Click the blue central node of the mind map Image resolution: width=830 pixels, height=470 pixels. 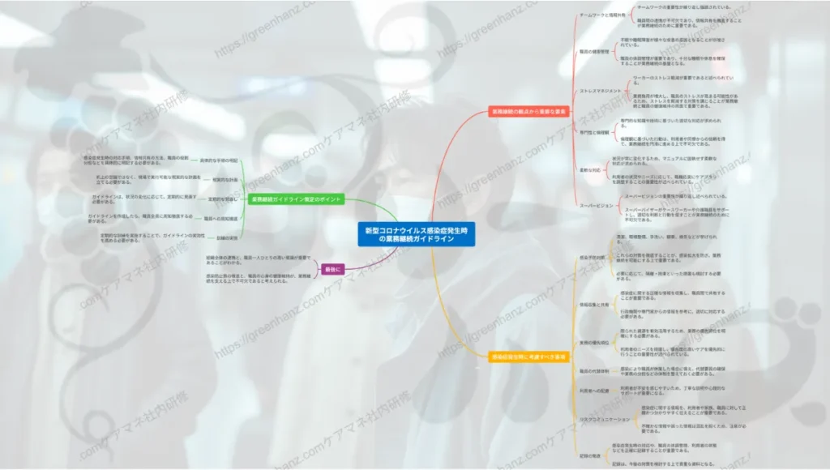pos(417,235)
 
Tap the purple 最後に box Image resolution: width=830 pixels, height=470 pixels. pos(332,269)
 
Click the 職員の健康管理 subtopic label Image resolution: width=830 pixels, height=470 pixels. pos(595,51)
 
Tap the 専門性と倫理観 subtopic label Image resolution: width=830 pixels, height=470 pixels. pos(594,131)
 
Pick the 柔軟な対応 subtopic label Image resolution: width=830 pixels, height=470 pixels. pos(591,170)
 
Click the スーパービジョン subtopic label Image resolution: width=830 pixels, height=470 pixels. pos(597,205)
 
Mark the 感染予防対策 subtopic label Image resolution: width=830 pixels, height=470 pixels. pos(592,257)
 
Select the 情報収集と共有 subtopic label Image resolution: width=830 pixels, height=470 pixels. pos(594,305)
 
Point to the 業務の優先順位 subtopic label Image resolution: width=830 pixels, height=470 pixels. pos(594,343)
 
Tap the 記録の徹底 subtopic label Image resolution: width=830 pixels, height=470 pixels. pos(591,455)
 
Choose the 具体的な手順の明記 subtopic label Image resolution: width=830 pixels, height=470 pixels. pos(219,160)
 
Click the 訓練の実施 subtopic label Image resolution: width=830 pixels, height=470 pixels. pos(227,238)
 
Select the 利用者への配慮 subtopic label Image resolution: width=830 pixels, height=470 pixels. pos(595,391)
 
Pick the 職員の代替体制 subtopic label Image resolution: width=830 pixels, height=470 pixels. pos(595,370)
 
